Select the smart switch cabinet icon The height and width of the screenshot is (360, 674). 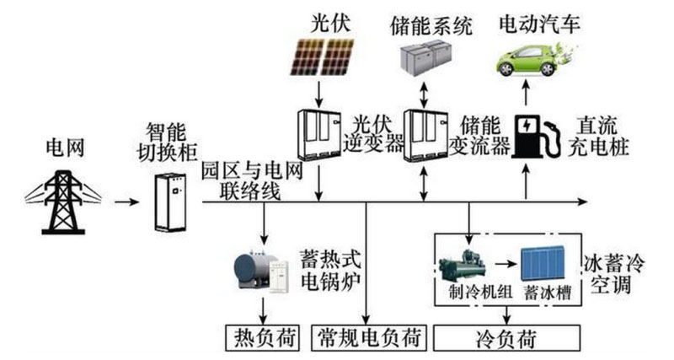click(x=170, y=201)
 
